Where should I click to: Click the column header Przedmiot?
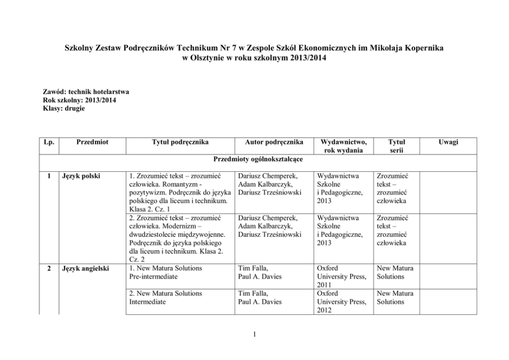pos(92,142)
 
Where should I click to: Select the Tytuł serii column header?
pos(396,146)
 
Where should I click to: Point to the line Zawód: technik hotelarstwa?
pos(86,92)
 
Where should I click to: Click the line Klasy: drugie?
pos(64,108)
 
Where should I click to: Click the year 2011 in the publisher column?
pos(325,285)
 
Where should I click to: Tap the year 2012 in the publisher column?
pos(325,310)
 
